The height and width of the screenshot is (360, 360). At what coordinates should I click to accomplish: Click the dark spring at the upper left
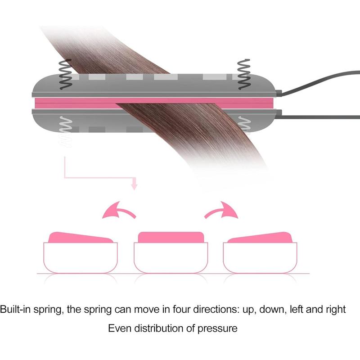(x=65, y=74)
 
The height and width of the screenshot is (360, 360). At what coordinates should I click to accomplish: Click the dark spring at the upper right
(x=243, y=74)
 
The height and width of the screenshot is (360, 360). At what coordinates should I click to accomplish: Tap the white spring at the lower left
(x=66, y=131)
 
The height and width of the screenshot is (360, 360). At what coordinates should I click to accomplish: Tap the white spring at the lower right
(x=244, y=125)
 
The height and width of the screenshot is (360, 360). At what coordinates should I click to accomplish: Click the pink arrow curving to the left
(x=119, y=211)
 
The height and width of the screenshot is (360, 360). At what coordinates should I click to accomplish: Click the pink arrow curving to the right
(x=221, y=211)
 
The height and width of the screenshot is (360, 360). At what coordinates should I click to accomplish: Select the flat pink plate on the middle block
(x=171, y=237)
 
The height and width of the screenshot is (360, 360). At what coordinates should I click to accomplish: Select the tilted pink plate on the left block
(x=81, y=238)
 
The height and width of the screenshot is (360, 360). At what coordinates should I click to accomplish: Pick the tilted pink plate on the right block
(x=261, y=238)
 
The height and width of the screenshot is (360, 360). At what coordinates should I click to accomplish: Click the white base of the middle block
(x=171, y=258)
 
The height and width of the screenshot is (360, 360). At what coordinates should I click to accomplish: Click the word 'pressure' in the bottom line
(x=217, y=329)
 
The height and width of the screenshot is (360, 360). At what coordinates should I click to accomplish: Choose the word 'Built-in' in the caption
(x=15, y=309)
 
